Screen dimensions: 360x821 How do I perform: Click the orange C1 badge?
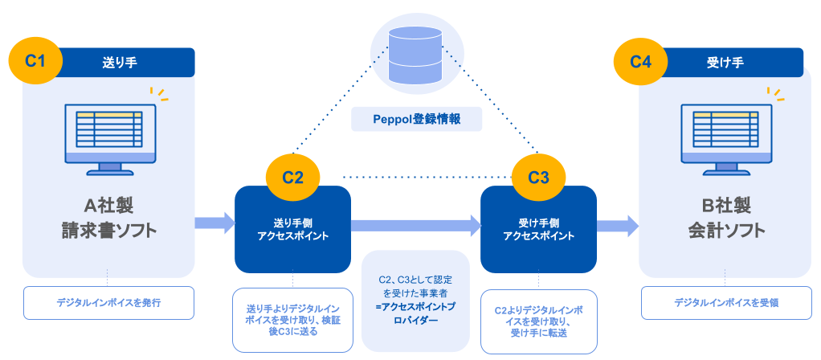coord(35,62)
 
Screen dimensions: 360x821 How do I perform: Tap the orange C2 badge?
coord(292,178)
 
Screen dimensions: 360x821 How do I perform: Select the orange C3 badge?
coord(538,178)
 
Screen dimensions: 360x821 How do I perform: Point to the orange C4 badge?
coord(640,62)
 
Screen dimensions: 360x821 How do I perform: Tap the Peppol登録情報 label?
coord(417,120)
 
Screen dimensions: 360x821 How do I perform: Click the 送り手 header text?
coord(115,62)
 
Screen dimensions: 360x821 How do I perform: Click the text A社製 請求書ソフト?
coord(109,219)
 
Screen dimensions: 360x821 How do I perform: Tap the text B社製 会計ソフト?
coord(725,219)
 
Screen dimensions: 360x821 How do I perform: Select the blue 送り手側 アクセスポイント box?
coord(292,229)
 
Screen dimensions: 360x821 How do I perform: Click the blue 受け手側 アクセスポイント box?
coord(538,229)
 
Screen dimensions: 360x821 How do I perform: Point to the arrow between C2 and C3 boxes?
coord(415,227)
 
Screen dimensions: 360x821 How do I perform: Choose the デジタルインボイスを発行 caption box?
coord(109,303)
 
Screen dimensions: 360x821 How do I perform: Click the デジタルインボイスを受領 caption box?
coord(726,303)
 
